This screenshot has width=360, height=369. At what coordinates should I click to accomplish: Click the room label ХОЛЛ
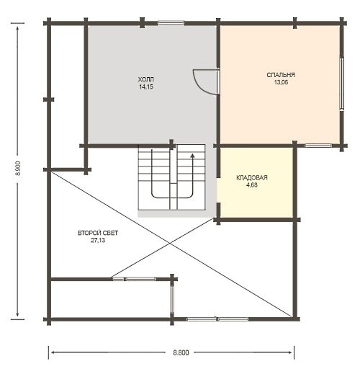click(x=145, y=79)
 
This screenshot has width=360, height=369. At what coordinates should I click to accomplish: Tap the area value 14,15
click(x=145, y=86)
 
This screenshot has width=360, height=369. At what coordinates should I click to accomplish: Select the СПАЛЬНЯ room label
click(x=281, y=75)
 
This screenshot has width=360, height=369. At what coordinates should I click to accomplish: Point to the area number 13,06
click(x=281, y=82)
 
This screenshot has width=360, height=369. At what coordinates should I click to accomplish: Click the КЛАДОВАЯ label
click(x=252, y=178)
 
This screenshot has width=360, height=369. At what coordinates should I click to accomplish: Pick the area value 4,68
click(x=252, y=185)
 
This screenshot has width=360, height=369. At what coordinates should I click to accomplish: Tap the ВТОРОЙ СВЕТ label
click(x=98, y=233)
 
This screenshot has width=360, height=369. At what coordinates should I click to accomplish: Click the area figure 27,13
click(x=98, y=240)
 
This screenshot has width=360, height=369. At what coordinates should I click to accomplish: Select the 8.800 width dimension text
click(x=181, y=352)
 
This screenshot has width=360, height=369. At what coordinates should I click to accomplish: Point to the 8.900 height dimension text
click(x=19, y=168)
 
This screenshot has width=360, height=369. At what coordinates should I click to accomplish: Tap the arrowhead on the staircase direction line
click(x=192, y=156)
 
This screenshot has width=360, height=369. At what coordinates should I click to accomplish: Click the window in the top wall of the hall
click(x=171, y=23)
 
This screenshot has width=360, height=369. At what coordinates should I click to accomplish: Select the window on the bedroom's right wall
click(x=342, y=84)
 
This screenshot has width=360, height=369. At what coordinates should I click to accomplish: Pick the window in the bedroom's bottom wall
click(x=318, y=146)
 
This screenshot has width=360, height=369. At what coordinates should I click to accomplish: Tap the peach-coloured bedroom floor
click(x=280, y=108)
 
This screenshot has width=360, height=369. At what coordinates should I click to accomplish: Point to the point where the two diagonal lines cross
click(x=170, y=244)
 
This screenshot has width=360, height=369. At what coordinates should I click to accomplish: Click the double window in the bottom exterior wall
click(x=217, y=319)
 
